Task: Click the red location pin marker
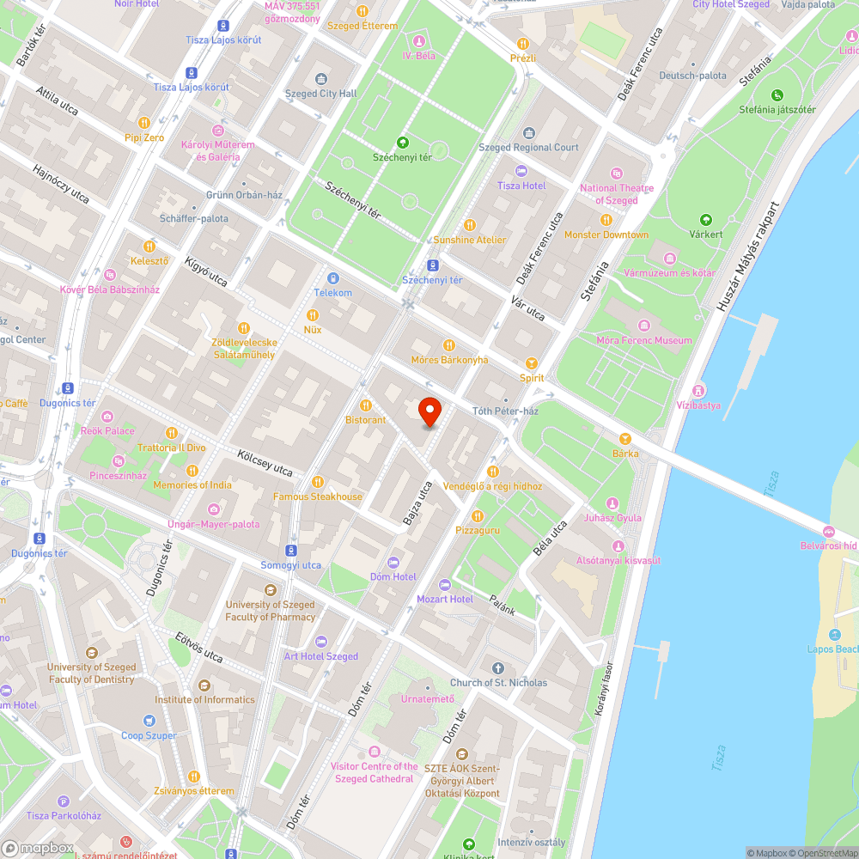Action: tap(429, 412)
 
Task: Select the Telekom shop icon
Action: tap(333, 278)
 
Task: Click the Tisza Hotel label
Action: tap(521, 186)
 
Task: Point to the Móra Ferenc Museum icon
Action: tap(644, 326)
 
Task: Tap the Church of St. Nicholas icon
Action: tap(498, 668)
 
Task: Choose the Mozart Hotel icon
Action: tap(445, 585)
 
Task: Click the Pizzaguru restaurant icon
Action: tap(478, 516)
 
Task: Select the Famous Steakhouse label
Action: tap(318, 497)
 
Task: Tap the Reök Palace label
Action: tap(107, 430)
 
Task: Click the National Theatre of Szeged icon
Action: tap(616, 174)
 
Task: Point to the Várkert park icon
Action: tap(706, 220)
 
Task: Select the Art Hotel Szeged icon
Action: tap(321, 642)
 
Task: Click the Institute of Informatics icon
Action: tap(204, 685)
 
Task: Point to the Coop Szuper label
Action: tap(149, 735)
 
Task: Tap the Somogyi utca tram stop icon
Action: tap(291, 550)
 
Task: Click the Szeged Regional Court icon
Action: tap(528, 132)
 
